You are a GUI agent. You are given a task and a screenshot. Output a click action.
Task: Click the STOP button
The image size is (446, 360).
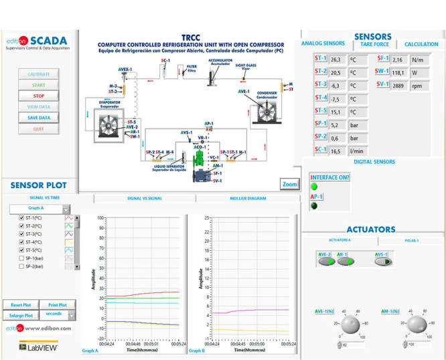pyautogui.click(x=39, y=96)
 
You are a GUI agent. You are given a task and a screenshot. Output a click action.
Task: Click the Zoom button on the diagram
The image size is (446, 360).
pyautogui.click(x=289, y=184)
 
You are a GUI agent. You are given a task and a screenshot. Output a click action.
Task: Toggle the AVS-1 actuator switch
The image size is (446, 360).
pyautogui.click(x=383, y=262)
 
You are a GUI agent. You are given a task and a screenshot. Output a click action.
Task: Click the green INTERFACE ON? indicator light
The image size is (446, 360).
pyautogui.click(x=313, y=187)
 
